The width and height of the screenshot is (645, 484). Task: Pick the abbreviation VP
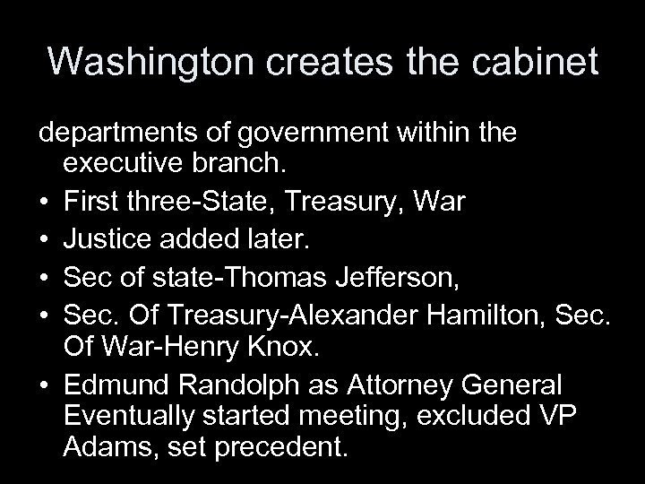point(562,418)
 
